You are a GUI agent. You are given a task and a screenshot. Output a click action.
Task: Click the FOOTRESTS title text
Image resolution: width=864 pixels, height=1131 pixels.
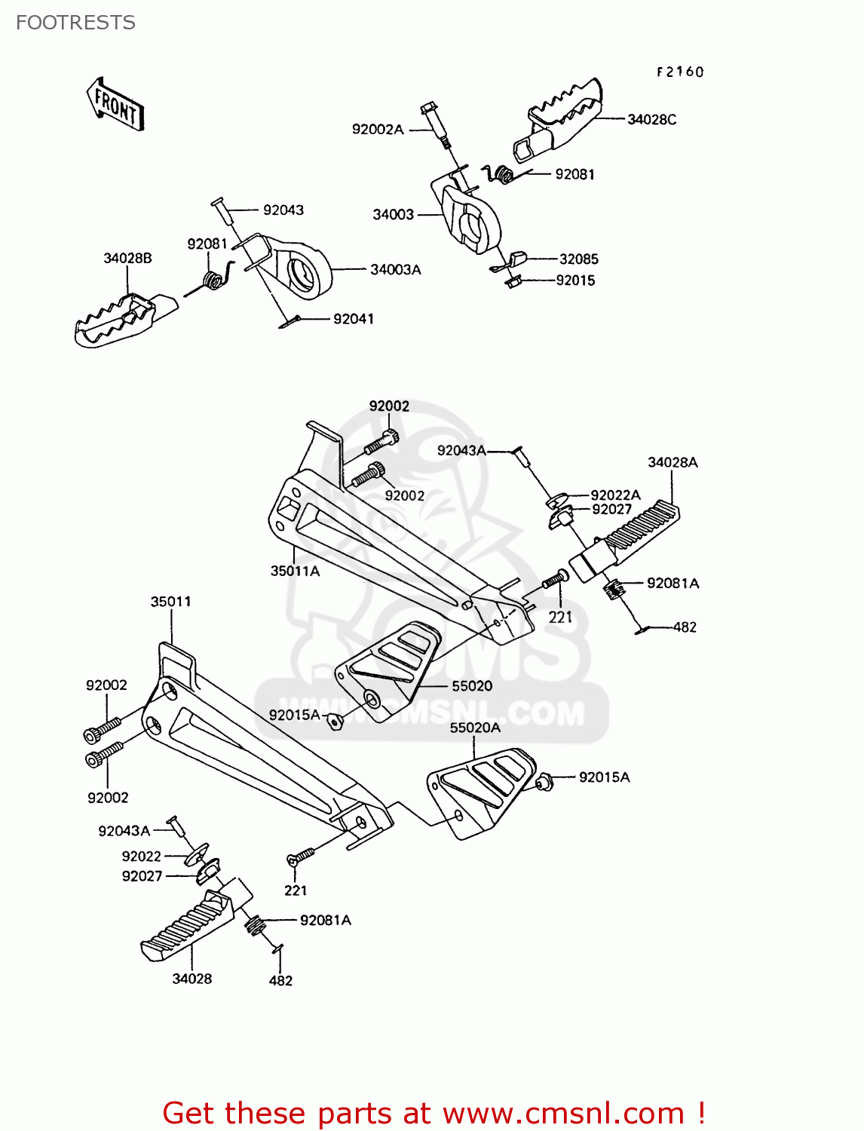click(75, 23)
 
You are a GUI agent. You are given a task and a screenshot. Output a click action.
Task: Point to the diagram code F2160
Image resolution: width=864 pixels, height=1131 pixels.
click(679, 72)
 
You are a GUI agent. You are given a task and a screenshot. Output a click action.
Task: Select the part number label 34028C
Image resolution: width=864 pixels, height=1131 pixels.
click(651, 119)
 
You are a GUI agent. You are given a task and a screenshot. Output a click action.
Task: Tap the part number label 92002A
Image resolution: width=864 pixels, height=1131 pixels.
click(378, 129)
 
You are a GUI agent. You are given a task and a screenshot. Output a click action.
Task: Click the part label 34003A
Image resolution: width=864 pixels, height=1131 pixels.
click(395, 269)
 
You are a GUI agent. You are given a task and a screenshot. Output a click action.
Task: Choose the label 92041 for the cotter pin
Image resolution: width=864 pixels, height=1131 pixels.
click(353, 319)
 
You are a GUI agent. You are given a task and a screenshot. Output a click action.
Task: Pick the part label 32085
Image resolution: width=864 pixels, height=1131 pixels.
click(578, 259)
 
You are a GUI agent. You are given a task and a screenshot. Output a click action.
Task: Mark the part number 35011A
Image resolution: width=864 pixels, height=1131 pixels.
click(295, 571)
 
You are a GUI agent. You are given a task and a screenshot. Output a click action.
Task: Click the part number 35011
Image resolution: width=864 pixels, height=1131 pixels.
click(170, 602)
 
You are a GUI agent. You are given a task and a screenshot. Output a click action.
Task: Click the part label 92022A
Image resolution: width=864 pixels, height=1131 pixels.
click(615, 495)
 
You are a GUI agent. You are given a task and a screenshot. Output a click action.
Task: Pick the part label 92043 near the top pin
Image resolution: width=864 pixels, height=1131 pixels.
click(283, 210)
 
